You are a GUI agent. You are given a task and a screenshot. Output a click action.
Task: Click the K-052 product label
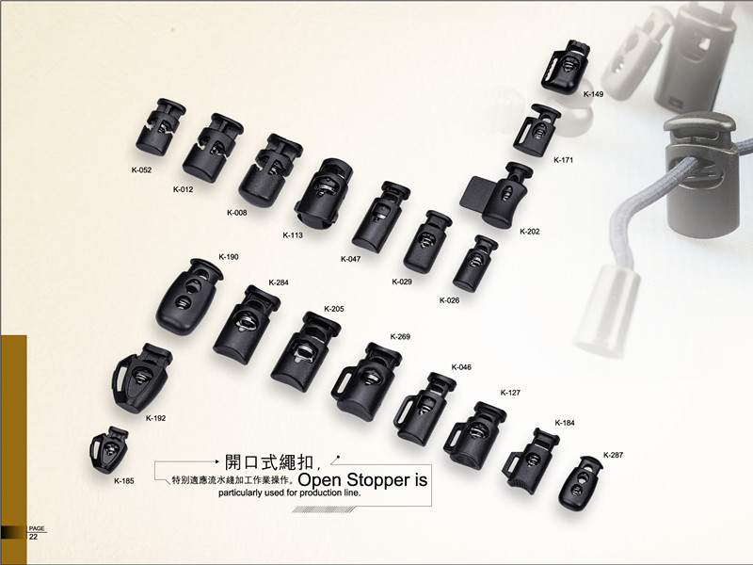(x=141, y=170)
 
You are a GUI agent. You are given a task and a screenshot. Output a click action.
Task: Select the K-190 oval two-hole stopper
(x=189, y=297)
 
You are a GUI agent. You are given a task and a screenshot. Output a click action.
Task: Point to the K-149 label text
(x=593, y=94)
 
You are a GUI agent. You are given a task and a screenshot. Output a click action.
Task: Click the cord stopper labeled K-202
(x=499, y=195)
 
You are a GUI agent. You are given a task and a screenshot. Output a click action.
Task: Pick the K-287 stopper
(x=581, y=483)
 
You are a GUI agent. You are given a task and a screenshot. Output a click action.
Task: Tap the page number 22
(x=33, y=537)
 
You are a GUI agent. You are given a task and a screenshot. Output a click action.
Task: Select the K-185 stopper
(x=109, y=449)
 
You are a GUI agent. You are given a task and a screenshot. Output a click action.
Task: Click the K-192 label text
(x=155, y=418)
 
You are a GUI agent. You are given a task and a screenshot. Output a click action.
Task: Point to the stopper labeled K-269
(x=366, y=381)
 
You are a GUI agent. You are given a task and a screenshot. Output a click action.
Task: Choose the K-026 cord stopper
(x=475, y=264)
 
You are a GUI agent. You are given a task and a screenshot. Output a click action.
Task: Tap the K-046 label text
(x=461, y=367)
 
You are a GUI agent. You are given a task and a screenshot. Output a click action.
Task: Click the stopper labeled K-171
(x=537, y=130)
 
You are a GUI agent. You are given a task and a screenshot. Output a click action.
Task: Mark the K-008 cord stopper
(x=270, y=170)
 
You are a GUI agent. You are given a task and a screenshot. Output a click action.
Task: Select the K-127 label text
(x=510, y=393)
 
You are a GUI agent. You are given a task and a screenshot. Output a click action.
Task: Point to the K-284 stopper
(x=247, y=324)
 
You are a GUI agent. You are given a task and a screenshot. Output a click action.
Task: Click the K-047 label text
(x=350, y=260)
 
